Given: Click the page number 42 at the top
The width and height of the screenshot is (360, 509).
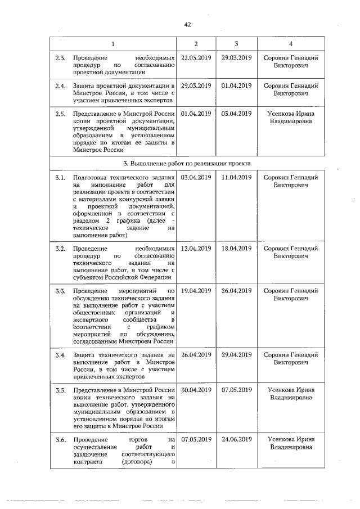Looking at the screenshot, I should (188, 25).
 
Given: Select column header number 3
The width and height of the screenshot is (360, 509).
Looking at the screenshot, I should (236, 44).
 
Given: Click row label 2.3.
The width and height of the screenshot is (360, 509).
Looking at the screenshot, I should (60, 57).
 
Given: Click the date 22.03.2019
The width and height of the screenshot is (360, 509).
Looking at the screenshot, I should (196, 57).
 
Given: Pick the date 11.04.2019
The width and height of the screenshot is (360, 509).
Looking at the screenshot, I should (236, 177).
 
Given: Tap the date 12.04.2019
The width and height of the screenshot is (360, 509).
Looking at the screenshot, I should (196, 248).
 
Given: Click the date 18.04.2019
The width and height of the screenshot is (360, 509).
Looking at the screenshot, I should (236, 248).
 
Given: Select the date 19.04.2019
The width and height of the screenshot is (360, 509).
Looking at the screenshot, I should (196, 291).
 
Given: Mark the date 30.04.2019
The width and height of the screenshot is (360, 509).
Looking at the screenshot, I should (196, 390).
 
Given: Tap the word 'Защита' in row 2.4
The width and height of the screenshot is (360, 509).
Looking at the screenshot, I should (84, 85).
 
